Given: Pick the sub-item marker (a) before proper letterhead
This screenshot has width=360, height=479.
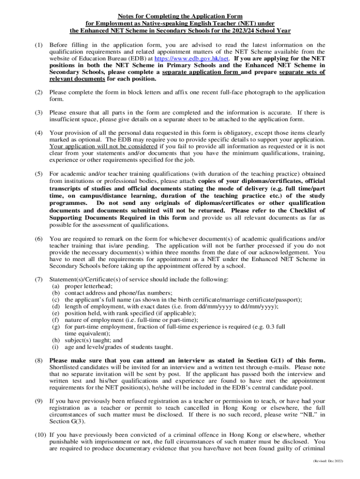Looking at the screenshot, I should click(x=56, y=286).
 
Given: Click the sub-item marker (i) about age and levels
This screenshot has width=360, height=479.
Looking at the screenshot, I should click(x=55, y=347).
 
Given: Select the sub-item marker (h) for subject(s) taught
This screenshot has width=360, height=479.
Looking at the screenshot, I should click(x=56, y=340).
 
